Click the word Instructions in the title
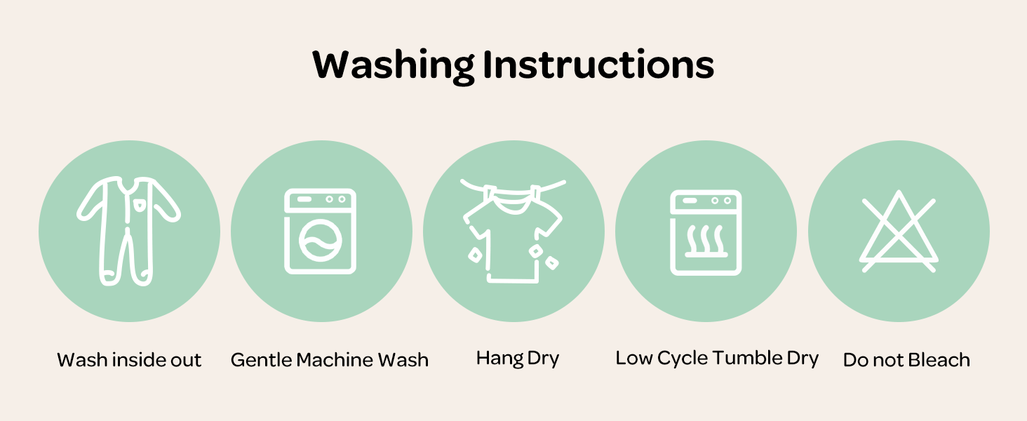598,65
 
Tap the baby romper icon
129,231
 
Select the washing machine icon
320,231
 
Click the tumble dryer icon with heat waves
706,232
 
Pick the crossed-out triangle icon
899,232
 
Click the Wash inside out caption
129,360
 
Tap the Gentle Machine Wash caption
330,360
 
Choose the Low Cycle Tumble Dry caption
717,359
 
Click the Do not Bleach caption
906,360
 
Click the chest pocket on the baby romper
139,205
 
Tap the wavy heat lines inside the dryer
706,239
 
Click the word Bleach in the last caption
939,360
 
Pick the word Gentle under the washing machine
262,360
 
